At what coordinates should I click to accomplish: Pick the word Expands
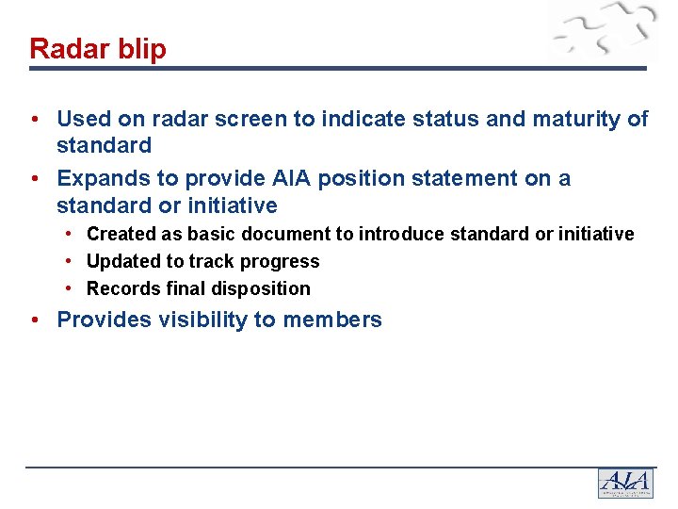point(98,178)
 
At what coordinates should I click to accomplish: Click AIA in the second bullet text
point(286,178)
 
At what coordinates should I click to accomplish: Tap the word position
point(349,178)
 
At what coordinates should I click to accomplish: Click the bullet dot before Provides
point(34,320)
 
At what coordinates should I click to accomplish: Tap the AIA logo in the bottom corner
point(624,483)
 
